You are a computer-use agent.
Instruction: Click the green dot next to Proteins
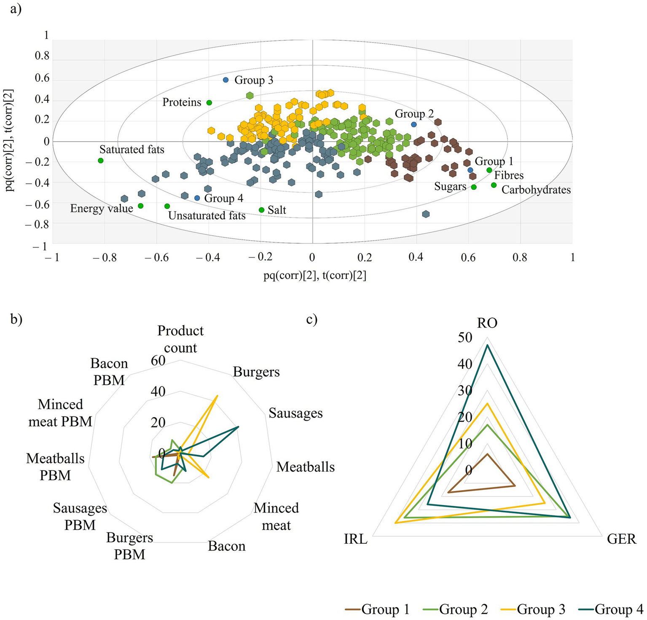[x=209, y=102]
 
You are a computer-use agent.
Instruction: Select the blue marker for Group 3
[x=226, y=80]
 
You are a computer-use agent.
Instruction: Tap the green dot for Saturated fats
[x=100, y=161]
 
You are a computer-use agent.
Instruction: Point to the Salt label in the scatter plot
[x=277, y=210]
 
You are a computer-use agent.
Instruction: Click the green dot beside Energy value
[x=140, y=206]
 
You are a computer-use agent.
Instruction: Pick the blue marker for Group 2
[x=414, y=124]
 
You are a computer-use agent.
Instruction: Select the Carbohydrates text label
[x=536, y=190]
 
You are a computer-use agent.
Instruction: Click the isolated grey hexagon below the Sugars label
[x=426, y=214]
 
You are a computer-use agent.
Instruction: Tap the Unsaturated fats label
[x=207, y=216]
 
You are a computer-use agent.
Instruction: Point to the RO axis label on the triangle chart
[x=487, y=323]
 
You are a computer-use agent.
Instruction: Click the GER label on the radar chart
[x=621, y=539]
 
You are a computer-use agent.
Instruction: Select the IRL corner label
[x=355, y=539]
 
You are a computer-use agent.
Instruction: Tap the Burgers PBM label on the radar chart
[x=129, y=546]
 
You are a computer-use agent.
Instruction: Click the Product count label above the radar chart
[x=180, y=339]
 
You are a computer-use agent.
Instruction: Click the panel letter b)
[x=16, y=319]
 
